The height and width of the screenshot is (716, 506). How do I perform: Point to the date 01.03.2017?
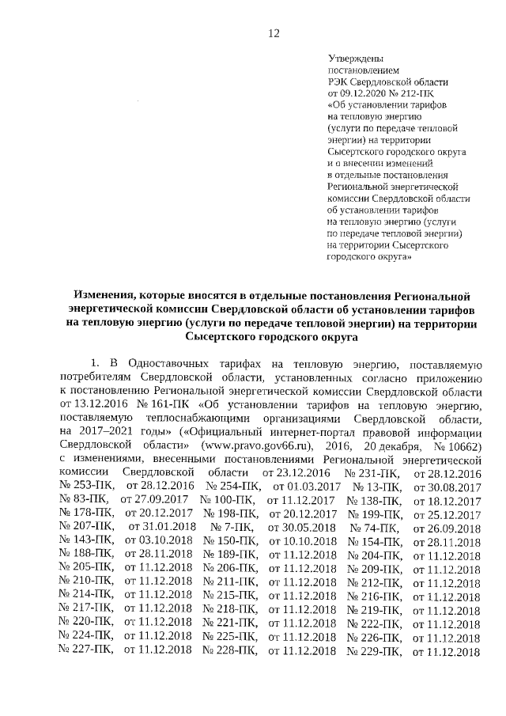pos(307,487)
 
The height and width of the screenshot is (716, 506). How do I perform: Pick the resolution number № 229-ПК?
pos(376,651)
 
